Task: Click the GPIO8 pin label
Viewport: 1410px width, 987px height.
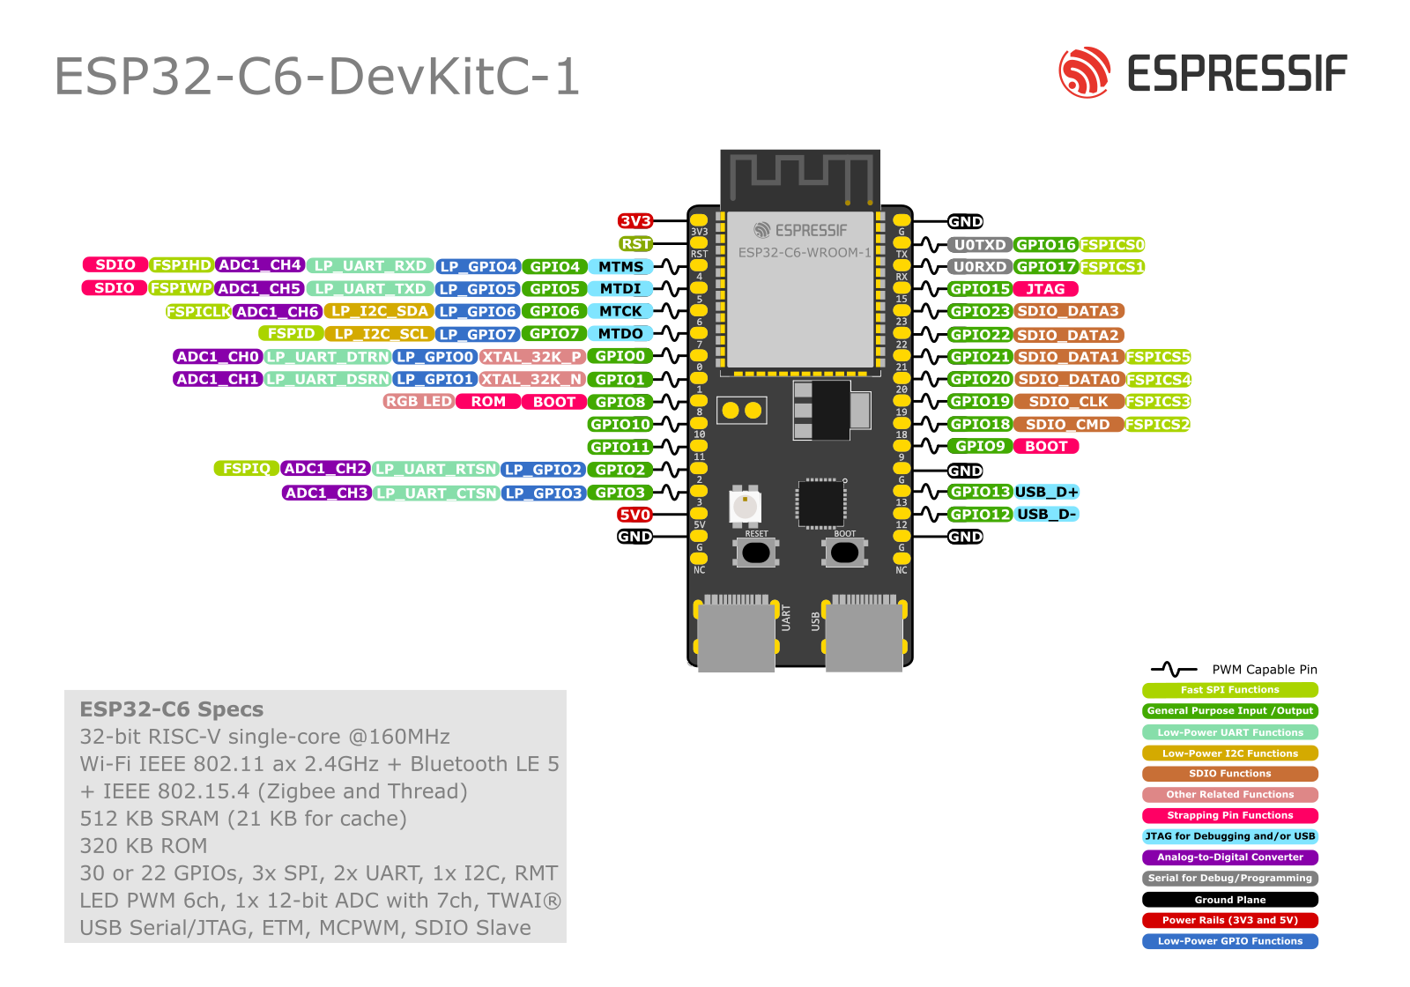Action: click(x=620, y=402)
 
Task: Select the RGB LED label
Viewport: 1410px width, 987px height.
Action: click(x=419, y=402)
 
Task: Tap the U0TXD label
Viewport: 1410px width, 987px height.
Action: click(x=980, y=245)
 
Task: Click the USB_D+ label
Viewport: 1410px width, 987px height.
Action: click(x=1046, y=492)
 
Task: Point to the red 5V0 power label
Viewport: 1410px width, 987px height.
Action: click(x=634, y=515)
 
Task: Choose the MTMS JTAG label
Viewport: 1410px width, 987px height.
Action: click(x=620, y=267)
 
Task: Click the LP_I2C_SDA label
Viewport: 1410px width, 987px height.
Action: click(x=379, y=311)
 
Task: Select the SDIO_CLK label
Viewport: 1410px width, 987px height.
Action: click(x=1068, y=402)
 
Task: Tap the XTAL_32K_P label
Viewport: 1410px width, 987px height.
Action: click(x=532, y=357)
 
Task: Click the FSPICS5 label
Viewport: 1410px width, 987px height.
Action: click(x=1158, y=357)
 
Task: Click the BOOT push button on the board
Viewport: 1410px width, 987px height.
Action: click(x=844, y=553)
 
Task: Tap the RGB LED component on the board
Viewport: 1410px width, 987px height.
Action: click(x=745, y=507)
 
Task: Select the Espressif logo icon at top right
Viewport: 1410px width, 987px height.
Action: click(x=1084, y=72)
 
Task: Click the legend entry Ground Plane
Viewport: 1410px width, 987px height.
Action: click(x=1230, y=900)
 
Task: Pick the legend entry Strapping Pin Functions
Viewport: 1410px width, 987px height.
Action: click(x=1230, y=816)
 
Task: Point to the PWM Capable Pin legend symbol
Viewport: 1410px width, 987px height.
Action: click(x=1173, y=670)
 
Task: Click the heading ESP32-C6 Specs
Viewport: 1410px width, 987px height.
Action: click(x=172, y=709)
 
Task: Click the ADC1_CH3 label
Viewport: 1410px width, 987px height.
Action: click(x=326, y=493)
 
